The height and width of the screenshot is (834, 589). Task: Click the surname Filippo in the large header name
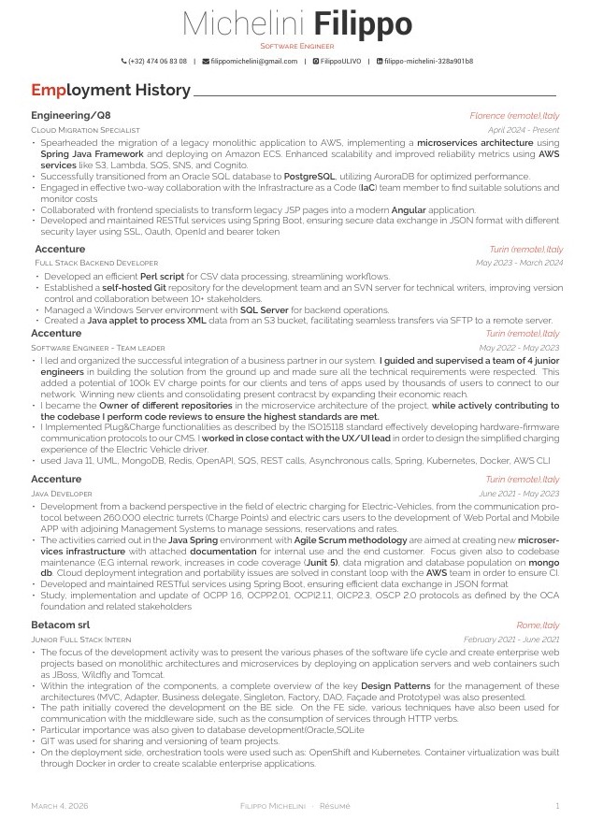(x=363, y=24)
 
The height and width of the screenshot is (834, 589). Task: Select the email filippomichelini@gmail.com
(x=253, y=61)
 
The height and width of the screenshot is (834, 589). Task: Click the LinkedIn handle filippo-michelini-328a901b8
(x=428, y=61)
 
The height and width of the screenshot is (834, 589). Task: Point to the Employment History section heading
(x=110, y=91)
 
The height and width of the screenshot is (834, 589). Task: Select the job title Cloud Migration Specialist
(x=85, y=130)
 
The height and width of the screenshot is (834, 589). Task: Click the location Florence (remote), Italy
(x=514, y=115)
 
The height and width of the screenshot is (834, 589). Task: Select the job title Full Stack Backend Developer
(x=96, y=264)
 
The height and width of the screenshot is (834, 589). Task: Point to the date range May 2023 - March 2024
(x=519, y=264)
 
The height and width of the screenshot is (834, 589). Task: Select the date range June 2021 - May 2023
(x=519, y=493)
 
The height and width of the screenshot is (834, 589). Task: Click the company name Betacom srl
(x=61, y=625)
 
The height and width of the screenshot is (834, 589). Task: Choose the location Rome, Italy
(x=538, y=625)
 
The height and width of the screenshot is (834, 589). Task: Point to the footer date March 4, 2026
(x=60, y=805)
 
